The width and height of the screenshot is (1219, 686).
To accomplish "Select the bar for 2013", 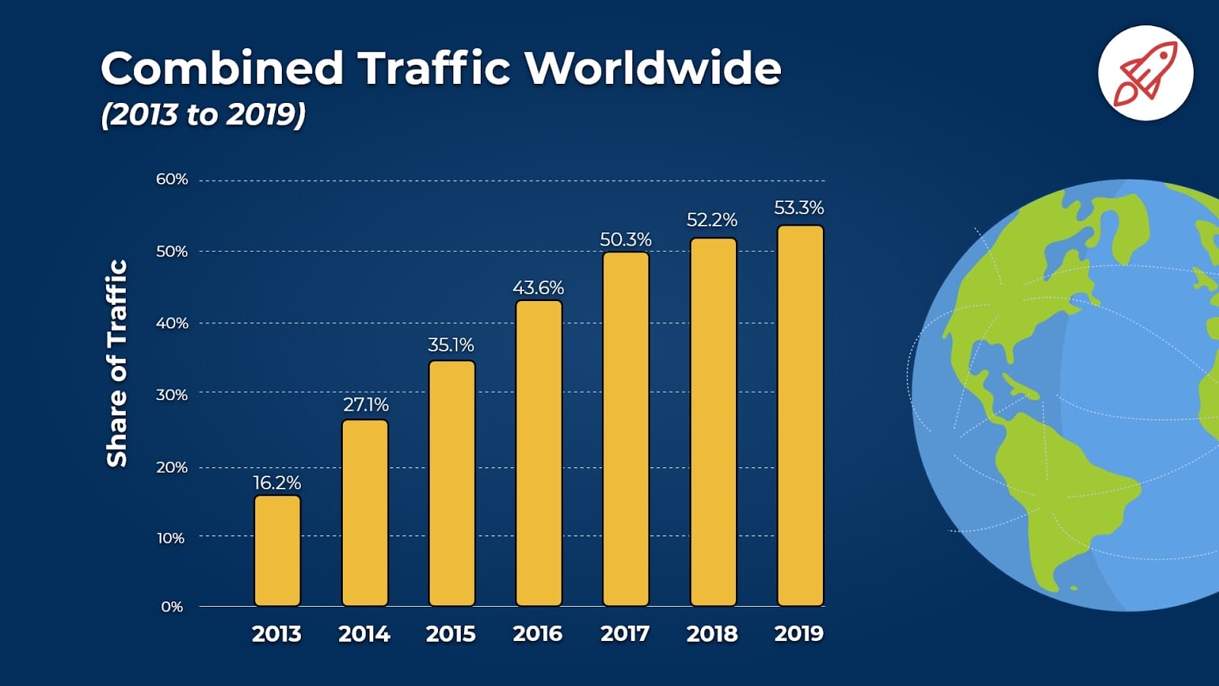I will [x=277, y=551].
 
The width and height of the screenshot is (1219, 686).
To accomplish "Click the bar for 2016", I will [x=539, y=454].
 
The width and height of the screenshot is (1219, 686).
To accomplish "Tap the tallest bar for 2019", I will [x=800, y=416].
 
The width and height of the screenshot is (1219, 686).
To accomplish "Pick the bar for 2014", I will [x=365, y=513].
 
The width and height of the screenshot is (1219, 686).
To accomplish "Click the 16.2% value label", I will [x=277, y=482].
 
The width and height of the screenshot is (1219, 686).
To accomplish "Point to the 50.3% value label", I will [x=625, y=239].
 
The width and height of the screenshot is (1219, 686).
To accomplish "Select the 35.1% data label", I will [x=451, y=345].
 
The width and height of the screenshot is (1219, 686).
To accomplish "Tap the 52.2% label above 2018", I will [x=712, y=220].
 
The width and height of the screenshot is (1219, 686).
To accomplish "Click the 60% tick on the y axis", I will [x=172, y=179].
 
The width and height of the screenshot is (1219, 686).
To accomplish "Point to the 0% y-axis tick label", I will [x=172, y=607].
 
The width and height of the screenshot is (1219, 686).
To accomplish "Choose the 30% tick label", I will [x=172, y=395].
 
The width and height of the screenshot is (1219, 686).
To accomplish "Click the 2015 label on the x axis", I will [x=450, y=633].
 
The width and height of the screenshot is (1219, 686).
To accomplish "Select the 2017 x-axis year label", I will [x=625, y=633].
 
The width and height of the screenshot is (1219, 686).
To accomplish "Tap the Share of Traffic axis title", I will [x=117, y=363].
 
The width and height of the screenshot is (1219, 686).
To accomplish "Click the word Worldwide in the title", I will [x=653, y=69].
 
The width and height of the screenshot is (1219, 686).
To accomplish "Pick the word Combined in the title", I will [x=222, y=69].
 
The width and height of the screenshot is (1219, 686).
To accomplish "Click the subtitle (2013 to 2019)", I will [x=203, y=114].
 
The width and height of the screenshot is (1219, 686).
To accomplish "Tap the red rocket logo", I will [x=1145, y=73].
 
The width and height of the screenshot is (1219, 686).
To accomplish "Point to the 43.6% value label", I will [x=538, y=288].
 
